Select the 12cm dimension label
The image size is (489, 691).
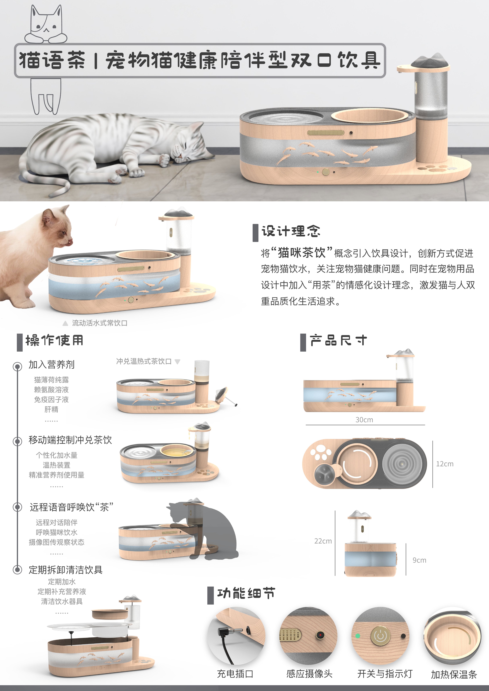[444, 464]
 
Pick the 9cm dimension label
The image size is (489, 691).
[419, 560]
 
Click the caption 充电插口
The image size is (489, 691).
[235, 674]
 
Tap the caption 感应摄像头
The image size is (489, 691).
[309, 674]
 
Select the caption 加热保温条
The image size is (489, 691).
[454, 674]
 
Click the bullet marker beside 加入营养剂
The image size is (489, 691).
[17, 366]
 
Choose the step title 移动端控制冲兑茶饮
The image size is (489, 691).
[70, 440]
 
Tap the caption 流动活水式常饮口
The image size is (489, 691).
[99, 323]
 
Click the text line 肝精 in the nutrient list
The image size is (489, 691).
[51, 409]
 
